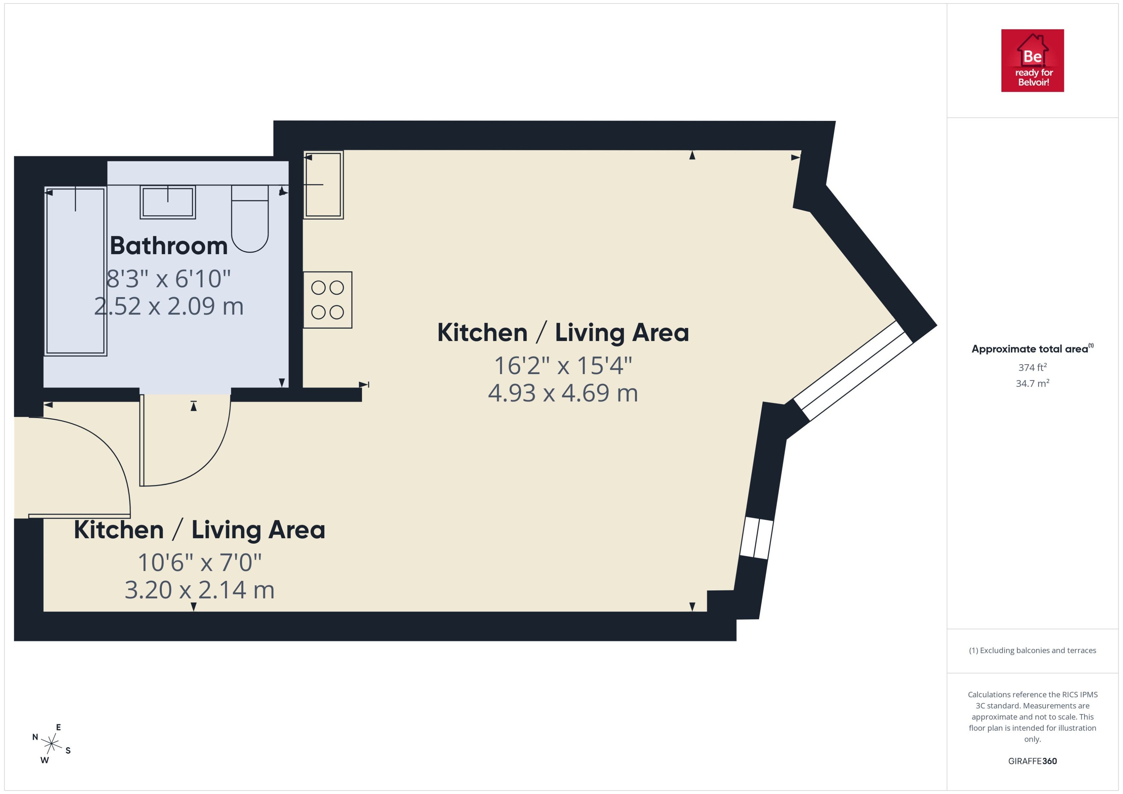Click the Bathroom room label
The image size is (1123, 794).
pyautogui.click(x=169, y=246)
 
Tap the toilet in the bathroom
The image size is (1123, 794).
pyautogui.click(x=250, y=219)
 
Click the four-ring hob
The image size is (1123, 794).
pyautogui.click(x=327, y=300)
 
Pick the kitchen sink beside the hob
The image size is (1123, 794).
pyautogui.click(x=323, y=184)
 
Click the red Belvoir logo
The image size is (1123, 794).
pyautogui.click(x=1033, y=61)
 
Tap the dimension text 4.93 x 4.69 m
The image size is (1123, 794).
pyautogui.click(x=563, y=393)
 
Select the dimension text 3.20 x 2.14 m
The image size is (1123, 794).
pyautogui.click(x=200, y=590)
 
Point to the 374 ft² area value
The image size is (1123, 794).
pyautogui.click(x=1033, y=367)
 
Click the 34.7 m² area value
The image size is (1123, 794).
pyautogui.click(x=1033, y=383)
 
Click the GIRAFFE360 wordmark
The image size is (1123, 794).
pyautogui.click(x=1033, y=761)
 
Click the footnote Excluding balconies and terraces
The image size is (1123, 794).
pyautogui.click(x=1033, y=650)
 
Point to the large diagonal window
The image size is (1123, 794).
pyautogui.click(x=853, y=371)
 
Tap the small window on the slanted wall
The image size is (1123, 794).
pyautogui.click(x=756, y=538)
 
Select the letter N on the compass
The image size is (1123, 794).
pyautogui.click(x=35, y=737)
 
